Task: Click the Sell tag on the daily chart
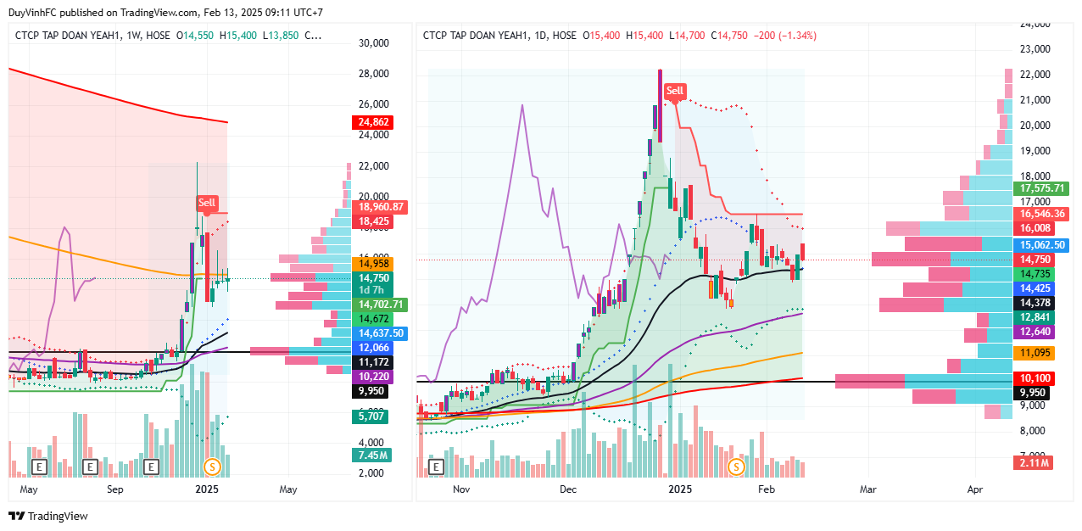point(675,91)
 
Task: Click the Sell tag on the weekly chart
point(207,203)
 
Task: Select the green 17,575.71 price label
point(1043,188)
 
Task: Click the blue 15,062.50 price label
point(1043,244)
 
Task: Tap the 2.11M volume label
point(1033,462)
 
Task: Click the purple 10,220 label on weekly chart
point(369,377)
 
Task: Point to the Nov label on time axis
point(461,489)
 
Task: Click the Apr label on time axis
point(975,489)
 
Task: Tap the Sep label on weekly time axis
point(115,489)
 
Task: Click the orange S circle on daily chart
point(736,467)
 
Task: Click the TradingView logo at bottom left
point(48,516)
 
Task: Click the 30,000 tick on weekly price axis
point(373,43)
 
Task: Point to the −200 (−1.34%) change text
point(784,36)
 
